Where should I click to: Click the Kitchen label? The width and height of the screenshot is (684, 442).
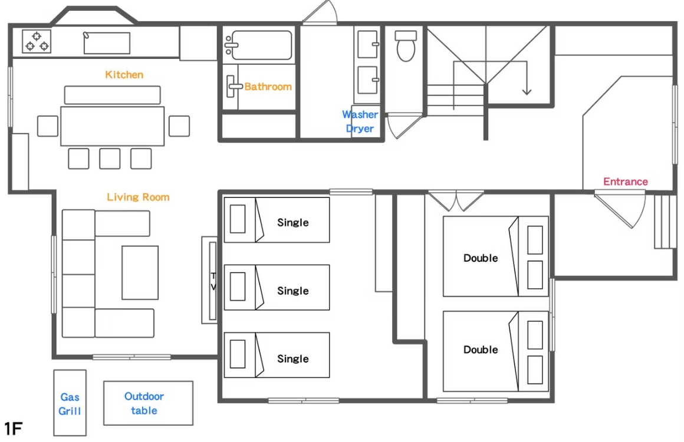tap(124, 74)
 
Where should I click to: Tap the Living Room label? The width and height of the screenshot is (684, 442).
tap(139, 197)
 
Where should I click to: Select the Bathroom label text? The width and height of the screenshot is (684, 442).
tap(268, 87)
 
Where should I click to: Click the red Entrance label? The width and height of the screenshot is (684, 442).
tap(626, 182)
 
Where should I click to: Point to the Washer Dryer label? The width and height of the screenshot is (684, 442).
tap(360, 121)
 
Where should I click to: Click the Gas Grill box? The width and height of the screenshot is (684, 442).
tap(70, 403)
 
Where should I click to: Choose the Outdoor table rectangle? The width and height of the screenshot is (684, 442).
tap(149, 403)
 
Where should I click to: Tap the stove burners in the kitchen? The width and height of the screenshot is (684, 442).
tap(37, 41)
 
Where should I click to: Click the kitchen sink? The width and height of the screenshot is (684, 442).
tap(107, 43)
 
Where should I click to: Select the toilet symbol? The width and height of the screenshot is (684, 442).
tap(406, 45)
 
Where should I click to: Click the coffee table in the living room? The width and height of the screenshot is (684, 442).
tap(140, 273)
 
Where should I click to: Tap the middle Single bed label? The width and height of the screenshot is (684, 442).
tap(293, 291)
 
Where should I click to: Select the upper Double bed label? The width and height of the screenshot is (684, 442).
tap(481, 258)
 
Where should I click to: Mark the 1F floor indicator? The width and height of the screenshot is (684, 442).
tap(13, 429)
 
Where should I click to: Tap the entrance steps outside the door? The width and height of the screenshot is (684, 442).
tap(665, 222)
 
